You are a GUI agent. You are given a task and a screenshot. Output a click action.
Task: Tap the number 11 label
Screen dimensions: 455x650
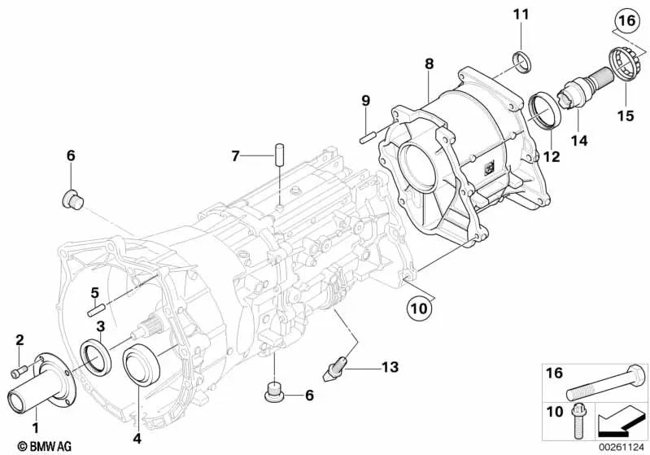tap(521, 14)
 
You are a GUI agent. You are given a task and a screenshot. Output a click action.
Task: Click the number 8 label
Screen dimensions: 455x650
tap(429, 62)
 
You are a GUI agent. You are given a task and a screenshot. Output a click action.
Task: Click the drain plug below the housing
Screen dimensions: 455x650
tap(277, 395)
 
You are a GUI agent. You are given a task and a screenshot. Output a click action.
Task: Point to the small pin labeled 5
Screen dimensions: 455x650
tap(96, 308)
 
